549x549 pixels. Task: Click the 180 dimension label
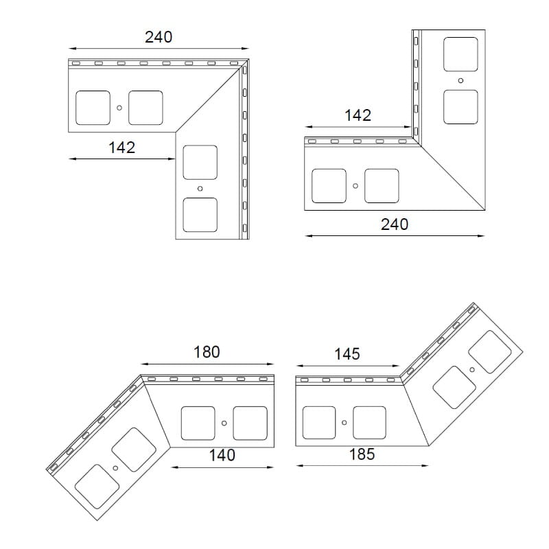[207, 352]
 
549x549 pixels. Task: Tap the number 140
[222, 455]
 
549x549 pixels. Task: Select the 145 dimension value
[347, 354]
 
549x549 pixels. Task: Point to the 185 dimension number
[362, 454]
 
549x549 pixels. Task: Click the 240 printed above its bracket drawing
[159, 37]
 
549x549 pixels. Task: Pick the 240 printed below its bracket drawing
[395, 224]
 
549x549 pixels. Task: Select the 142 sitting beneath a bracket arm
[122, 148]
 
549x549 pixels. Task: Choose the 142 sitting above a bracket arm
[358, 115]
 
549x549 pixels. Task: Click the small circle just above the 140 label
[224, 423]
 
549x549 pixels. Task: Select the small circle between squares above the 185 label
[344, 423]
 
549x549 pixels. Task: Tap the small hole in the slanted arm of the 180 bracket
[115, 468]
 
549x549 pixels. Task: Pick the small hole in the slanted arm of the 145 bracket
[472, 369]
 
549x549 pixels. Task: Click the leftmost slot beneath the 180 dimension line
[151, 379]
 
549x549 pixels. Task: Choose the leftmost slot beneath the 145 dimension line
[304, 380]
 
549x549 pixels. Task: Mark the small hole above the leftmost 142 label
[119, 108]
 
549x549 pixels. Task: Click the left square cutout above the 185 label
[319, 423]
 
